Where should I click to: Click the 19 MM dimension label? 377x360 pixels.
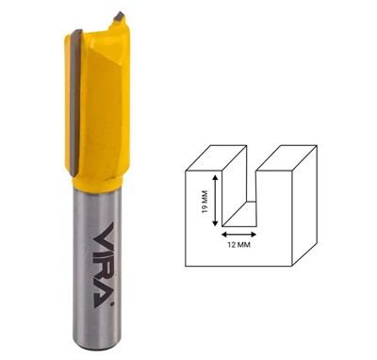[x=205, y=202]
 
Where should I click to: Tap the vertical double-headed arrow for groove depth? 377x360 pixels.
[x=215, y=201]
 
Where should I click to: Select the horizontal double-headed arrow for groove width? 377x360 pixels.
[x=238, y=234]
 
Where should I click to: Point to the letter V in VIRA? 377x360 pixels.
[x=104, y=233]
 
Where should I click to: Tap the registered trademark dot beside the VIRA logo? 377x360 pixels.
[x=112, y=304]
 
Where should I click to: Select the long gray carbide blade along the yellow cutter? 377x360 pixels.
[x=74, y=102]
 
